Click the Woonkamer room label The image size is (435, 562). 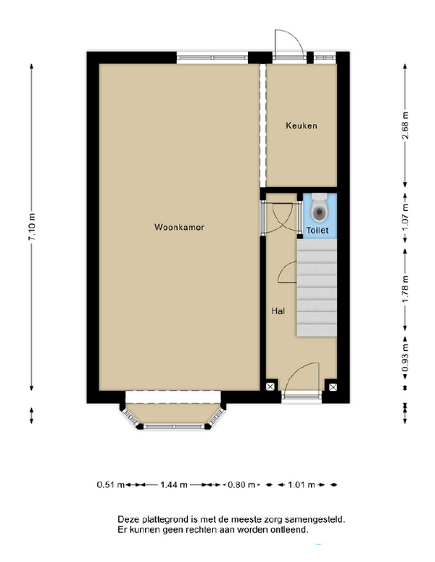(x=179, y=227)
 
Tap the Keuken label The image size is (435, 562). (x=302, y=125)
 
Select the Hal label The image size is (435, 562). (x=278, y=311)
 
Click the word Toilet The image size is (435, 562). (x=317, y=230)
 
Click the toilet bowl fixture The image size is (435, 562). (x=319, y=208)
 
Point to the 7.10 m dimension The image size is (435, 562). (x=32, y=227)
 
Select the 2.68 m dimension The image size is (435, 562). (x=405, y=125)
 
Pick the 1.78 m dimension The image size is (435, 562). (x=405, y=289)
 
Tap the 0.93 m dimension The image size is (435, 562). (x=405, y=358)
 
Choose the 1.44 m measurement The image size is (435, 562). (x=174, y=485)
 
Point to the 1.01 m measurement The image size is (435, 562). (x=302, y=485)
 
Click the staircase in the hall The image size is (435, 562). (x=316, y=288)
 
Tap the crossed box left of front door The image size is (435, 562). (x=270, y=387)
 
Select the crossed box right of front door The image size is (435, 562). (x=333, y=387)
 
